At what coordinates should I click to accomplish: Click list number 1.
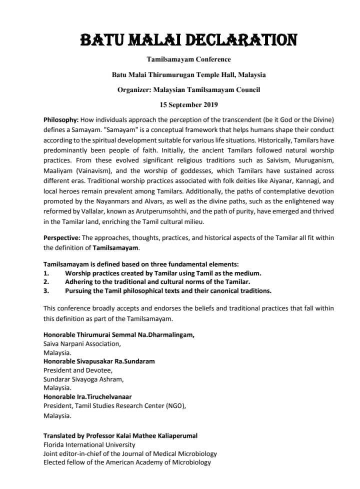click(46, 272)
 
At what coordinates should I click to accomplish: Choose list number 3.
click(46, 290)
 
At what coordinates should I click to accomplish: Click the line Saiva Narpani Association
click(82, 343)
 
